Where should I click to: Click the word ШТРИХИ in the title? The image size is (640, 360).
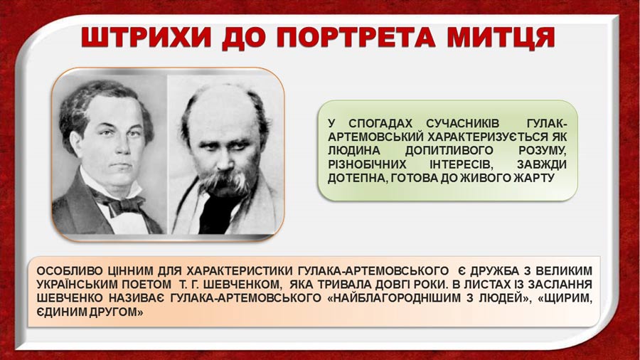tap(147, 38)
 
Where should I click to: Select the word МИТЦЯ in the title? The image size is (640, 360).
tap(501, 38)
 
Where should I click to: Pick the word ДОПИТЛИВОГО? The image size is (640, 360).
tap(449, 151)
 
